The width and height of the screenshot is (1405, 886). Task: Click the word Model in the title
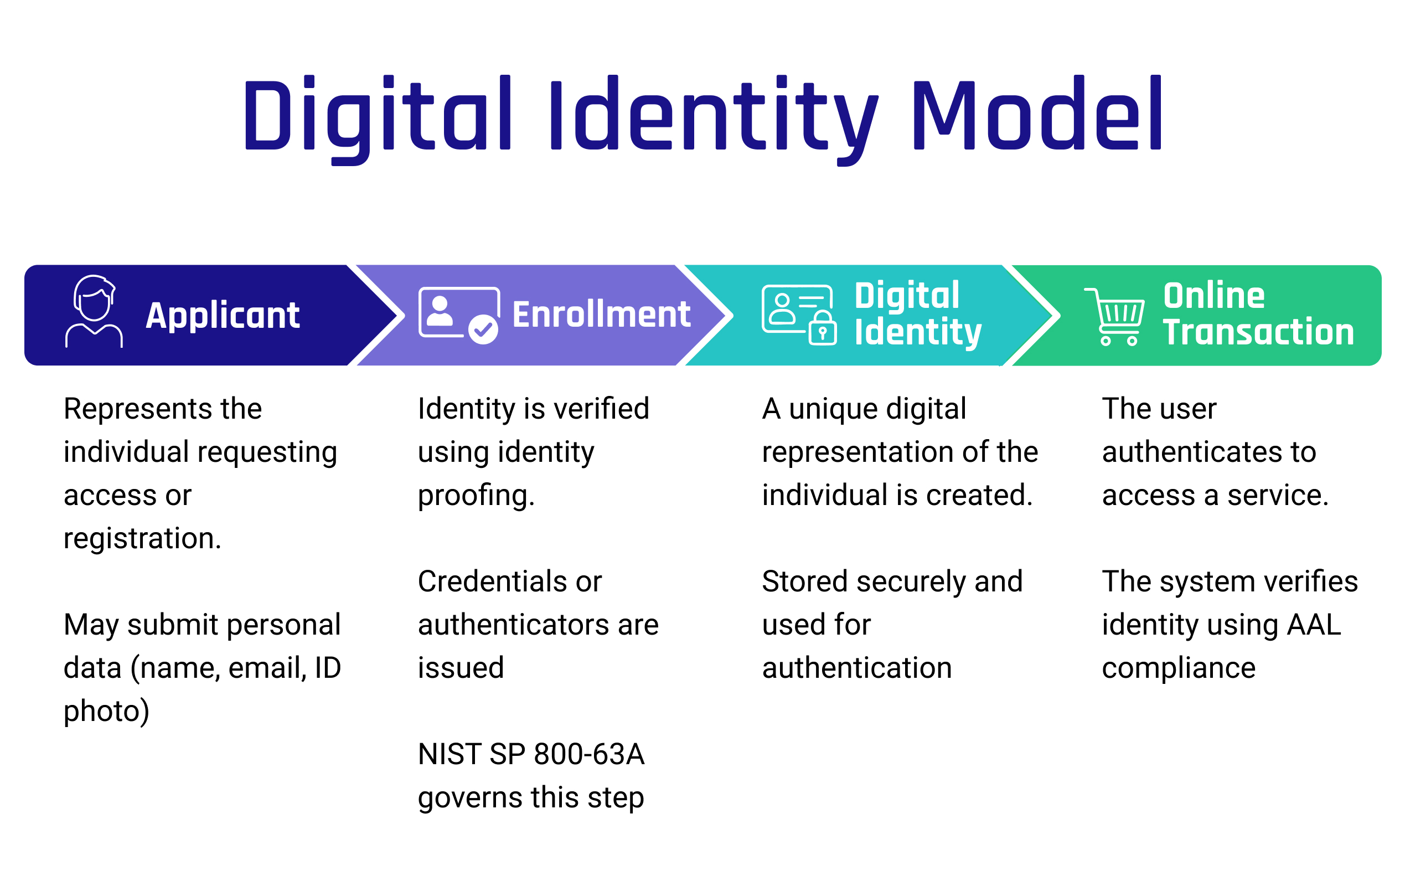1036,114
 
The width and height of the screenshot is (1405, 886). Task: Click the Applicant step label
223,316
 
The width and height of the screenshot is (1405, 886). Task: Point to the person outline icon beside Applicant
94,312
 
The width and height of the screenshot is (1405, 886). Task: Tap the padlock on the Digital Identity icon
822,328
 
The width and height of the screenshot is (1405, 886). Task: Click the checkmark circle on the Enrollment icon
483,330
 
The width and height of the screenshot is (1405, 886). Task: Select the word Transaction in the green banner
1258,332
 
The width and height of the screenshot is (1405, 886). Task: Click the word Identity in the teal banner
918,333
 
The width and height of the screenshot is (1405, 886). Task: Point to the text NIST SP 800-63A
531,754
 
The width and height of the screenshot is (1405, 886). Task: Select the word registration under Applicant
142,538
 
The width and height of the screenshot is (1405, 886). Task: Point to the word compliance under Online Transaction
1178,668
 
